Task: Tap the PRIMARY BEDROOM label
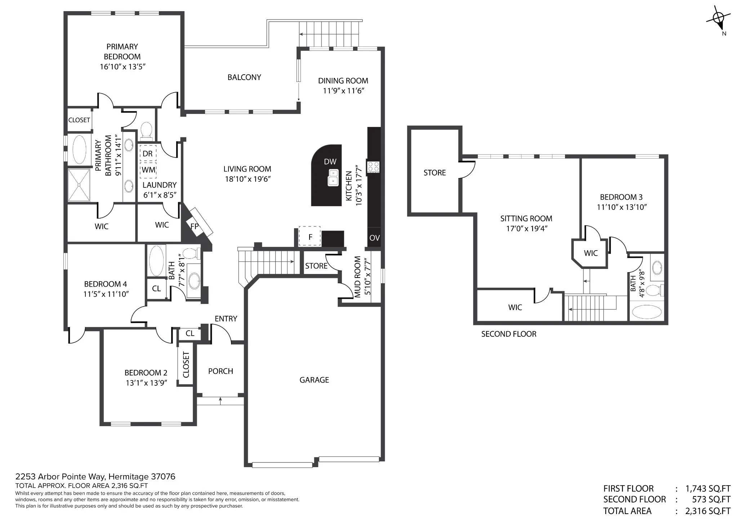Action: tap(122, 52)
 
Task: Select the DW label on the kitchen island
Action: tap(330, 162)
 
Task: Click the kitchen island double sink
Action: tap(333, 177)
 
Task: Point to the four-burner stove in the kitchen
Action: tap(373, 167)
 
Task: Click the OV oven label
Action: tap(375, 238)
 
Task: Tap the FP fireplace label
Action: tap(195, 226)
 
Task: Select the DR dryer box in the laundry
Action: tap(147, 154)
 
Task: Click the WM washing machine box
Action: tap(148, 170)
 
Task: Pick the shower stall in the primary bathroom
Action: tap(79, 185)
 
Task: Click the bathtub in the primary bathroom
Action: tap(79, 149)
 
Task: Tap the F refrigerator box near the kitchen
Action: tap(310, 236)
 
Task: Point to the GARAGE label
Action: tap(314, 380)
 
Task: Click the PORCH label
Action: tap(221, 371)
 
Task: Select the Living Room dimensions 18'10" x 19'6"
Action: tap(248, 179)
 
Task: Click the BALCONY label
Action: tap(244, 77)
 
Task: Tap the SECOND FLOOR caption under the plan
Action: tap(509, 334)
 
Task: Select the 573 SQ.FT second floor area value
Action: tap(711, 499)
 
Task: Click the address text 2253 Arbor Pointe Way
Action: tap(61, 477)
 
